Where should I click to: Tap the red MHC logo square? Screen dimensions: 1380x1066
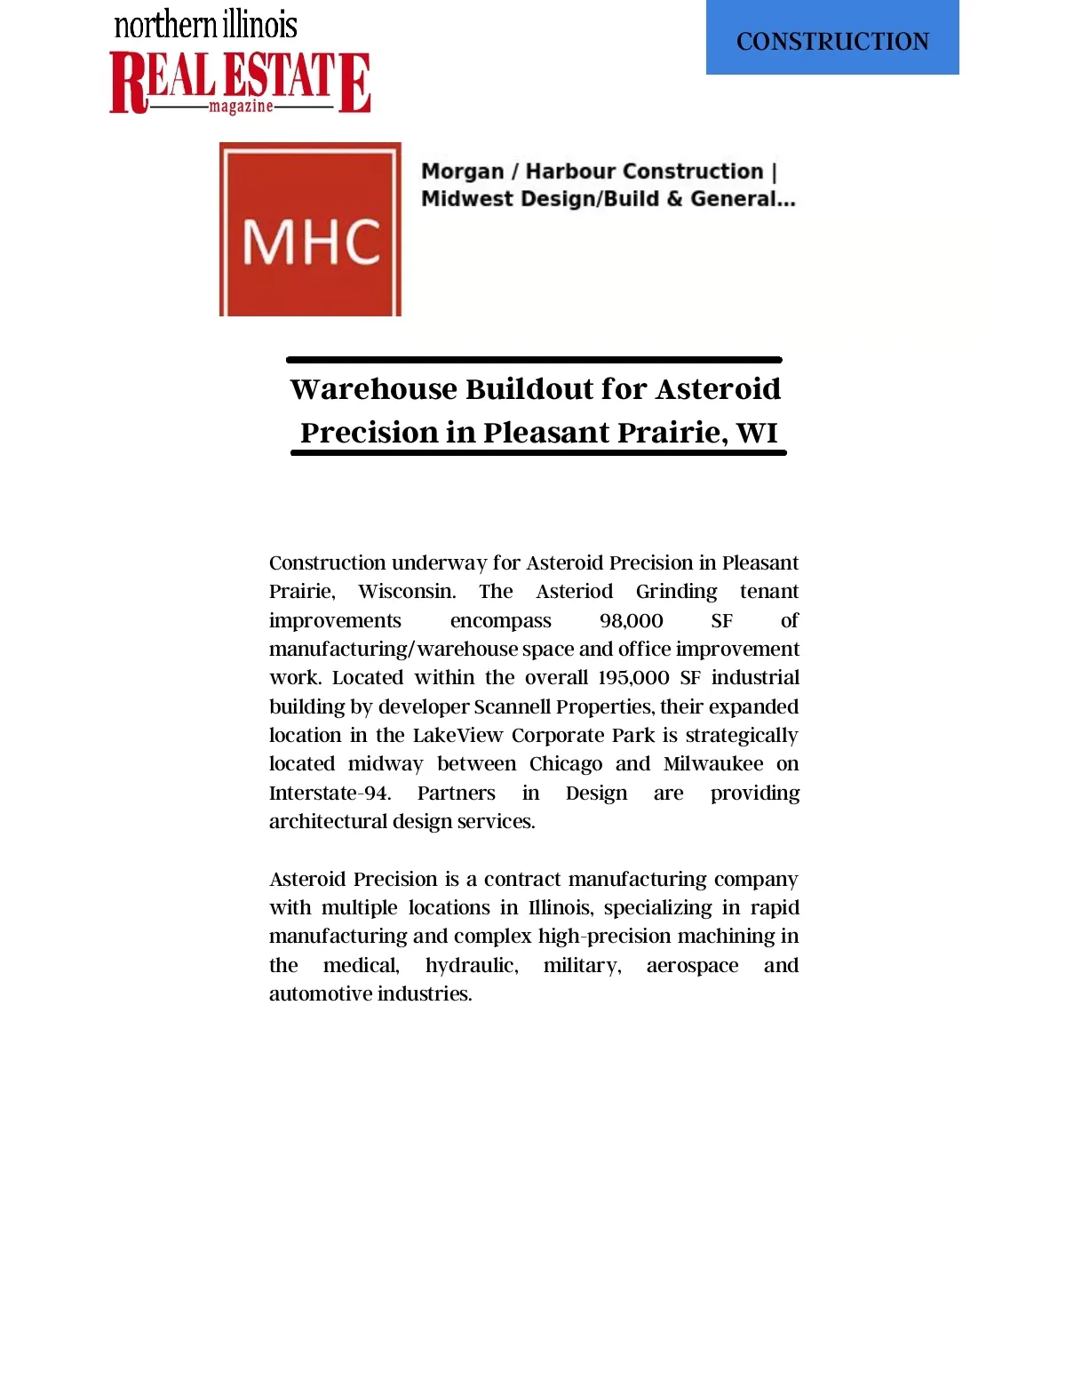coord(310,229)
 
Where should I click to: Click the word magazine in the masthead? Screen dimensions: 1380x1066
coord(241,107)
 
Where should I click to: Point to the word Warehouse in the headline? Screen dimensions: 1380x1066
coord(372,389)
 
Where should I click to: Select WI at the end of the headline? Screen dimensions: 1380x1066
coord(757,433)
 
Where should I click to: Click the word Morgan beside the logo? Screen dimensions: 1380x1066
coord(462,172)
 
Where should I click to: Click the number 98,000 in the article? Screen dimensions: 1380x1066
coord(631,620)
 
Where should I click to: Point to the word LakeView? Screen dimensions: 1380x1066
coord(457,736)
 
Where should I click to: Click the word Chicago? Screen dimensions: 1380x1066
coord(565,764)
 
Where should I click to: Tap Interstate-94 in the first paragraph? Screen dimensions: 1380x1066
coord(330,793)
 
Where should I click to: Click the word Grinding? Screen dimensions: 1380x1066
coord(676,592)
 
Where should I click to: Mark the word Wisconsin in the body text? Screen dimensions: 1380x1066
coord(407,592)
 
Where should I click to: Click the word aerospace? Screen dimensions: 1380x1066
coord(692,966)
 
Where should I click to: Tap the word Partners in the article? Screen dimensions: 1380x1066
coord(456,793)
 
